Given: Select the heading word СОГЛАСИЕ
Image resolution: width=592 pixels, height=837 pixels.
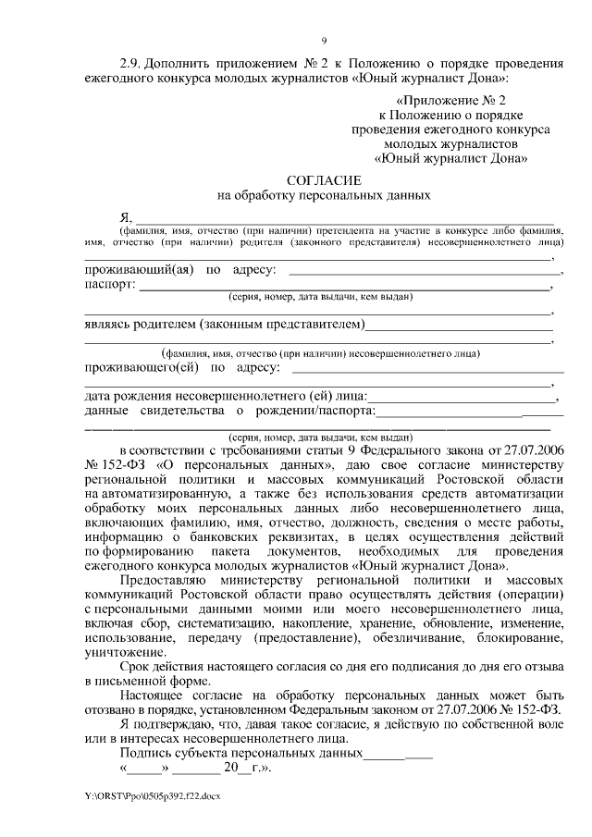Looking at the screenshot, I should (324, 181).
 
